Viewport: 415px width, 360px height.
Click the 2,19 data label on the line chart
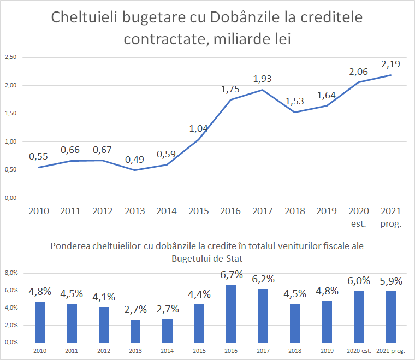click(390, 63)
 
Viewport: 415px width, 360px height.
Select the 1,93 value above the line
click(262, 79)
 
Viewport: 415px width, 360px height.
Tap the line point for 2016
click(230, 99)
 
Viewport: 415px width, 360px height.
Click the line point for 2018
click(294, 112)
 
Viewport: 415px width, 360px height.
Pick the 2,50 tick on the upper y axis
click(10, 57)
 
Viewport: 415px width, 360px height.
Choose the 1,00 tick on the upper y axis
click(10, 141)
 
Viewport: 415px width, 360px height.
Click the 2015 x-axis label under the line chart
click(199, 211)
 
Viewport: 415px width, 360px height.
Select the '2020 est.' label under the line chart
click(358, 216)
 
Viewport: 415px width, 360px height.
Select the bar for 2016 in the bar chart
click(231, 313)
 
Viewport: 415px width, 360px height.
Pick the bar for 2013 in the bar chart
click(135, 331)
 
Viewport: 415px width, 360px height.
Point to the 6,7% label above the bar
click(231, 275)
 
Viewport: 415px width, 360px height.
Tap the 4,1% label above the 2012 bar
click(104, 298)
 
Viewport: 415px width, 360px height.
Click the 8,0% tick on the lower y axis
click(11, 273)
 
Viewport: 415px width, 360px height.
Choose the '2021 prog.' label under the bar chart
click(390, 350)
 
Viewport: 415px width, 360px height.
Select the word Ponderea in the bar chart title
click(70, 246)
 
